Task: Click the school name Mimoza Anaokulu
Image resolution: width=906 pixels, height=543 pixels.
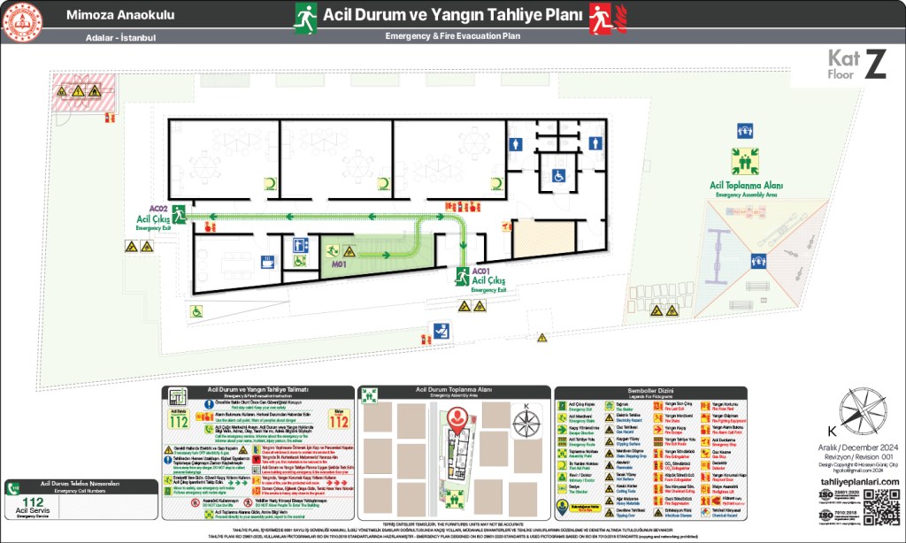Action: point(119,16)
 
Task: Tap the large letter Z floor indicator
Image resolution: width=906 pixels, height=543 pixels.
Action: point(874,65)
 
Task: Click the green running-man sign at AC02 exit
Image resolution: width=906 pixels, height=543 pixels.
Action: point(180,213)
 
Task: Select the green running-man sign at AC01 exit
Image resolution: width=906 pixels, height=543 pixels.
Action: point(462,277)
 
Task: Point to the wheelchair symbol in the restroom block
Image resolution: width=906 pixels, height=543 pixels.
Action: point(559,176)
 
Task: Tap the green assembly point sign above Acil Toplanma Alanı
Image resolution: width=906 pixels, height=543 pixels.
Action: point(744,161)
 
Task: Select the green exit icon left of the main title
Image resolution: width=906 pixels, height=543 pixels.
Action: point(306,16)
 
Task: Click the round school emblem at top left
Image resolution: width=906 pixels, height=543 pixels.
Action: point(23,23)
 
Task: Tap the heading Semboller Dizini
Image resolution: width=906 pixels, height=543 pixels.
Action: point(650,391)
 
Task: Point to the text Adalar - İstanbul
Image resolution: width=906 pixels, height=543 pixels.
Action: point(121,38)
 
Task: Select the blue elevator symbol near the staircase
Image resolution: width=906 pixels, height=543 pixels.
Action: point(301,244)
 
